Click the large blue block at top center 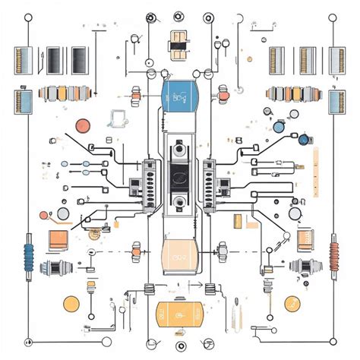[179, 96]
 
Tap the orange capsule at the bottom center [179, 314]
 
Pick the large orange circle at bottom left [71, 305]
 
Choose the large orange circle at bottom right [292, 304]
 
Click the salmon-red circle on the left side [81, 126]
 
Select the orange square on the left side [58, 239]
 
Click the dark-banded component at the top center [179, 44]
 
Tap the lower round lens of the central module [180, 201]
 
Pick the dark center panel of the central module [180, 174]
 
